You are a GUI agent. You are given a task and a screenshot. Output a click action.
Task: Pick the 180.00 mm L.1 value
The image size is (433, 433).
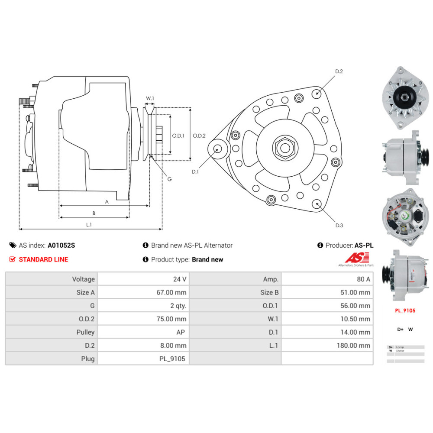tap(353, 346)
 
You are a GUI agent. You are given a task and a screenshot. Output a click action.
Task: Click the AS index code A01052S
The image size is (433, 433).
tap(61, 245)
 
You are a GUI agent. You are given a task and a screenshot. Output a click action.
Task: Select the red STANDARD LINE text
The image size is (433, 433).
tap(43, 259)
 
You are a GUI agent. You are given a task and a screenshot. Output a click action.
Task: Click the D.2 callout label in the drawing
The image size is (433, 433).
tap(339, 71)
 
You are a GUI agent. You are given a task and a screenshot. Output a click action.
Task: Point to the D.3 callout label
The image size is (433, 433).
tap(339, 225)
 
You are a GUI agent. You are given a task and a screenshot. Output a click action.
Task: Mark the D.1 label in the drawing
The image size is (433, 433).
tap(195, 171)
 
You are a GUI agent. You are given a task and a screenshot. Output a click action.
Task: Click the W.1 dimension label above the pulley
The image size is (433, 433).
tap(150, 98)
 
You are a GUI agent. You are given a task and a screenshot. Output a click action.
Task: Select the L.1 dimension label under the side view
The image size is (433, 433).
tap(89, 224)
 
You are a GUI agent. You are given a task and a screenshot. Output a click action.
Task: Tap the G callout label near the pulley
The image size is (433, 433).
tap(169, 179)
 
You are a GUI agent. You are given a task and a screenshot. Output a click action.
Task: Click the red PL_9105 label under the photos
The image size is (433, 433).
tap(405, 310)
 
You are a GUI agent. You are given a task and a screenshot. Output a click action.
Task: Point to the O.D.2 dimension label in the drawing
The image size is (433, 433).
tap(199, 136)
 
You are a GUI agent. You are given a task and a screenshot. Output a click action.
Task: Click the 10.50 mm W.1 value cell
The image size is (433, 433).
tap(355, 319)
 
